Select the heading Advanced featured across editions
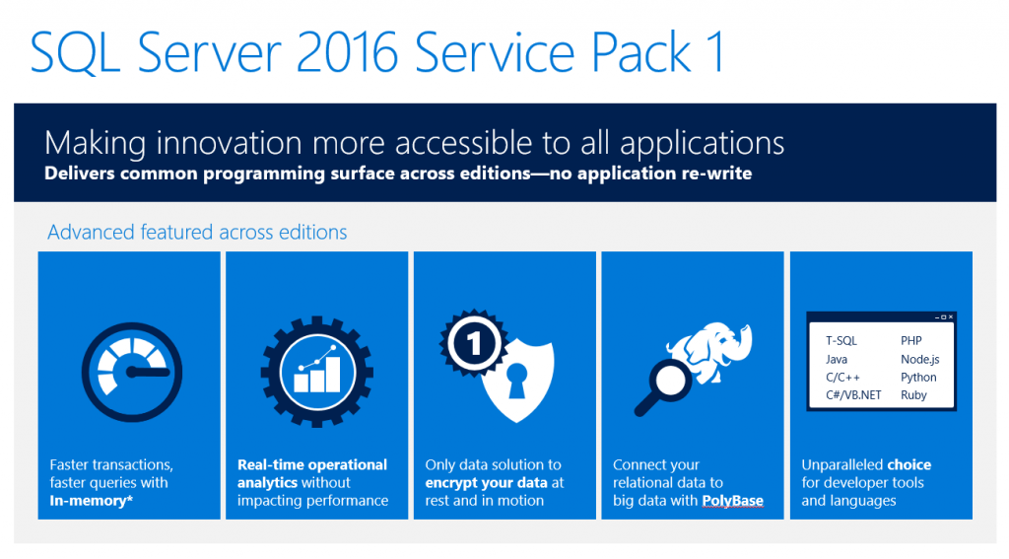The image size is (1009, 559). click(x=197, y=233)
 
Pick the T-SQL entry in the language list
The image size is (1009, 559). click(x=841, y=341)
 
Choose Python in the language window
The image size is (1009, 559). click(x=918, y=378)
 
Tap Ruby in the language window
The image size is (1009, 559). click(x=913, y=395)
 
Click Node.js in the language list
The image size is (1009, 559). click(x=919, y=360)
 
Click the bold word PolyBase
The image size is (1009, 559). click(x=732, y=501)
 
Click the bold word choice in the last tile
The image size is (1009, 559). click(x=908, y=465)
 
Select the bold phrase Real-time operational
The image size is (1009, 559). click(x=312, y=465)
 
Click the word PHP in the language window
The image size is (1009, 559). click(x=911, y=341)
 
